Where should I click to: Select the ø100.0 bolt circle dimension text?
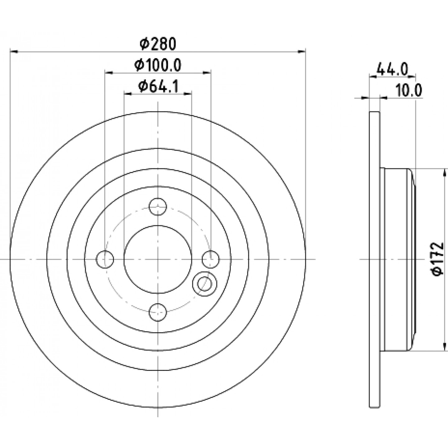click(x=158, y=66)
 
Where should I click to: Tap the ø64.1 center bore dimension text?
click(x=158, y=86)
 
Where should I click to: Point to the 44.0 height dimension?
click(x=392, y=69)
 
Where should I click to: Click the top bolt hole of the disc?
click(x=158, y=207)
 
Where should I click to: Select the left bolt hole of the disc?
click(x=105, y=259)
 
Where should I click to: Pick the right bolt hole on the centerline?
click(x=211, y=259)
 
